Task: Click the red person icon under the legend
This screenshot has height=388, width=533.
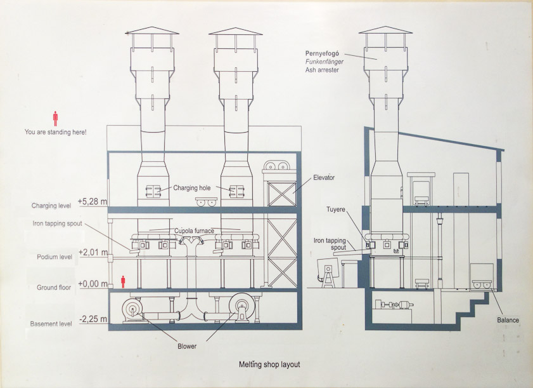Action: point(55,118)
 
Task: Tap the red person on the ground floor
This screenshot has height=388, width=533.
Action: point(124,281)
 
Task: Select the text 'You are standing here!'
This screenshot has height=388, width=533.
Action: point(55,132)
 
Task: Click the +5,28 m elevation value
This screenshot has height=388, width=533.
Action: point(93,202)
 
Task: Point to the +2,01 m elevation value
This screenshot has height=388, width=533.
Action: point(93,253)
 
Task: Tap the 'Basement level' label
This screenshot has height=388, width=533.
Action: point(51,324)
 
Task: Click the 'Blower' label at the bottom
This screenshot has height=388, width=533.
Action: point(187,346)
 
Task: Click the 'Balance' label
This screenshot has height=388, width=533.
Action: point(508,320)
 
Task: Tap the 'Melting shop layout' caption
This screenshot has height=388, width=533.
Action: point(269,365)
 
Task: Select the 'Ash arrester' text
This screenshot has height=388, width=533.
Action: point(322,70)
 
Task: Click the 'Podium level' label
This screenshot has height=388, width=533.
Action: point(53,257)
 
